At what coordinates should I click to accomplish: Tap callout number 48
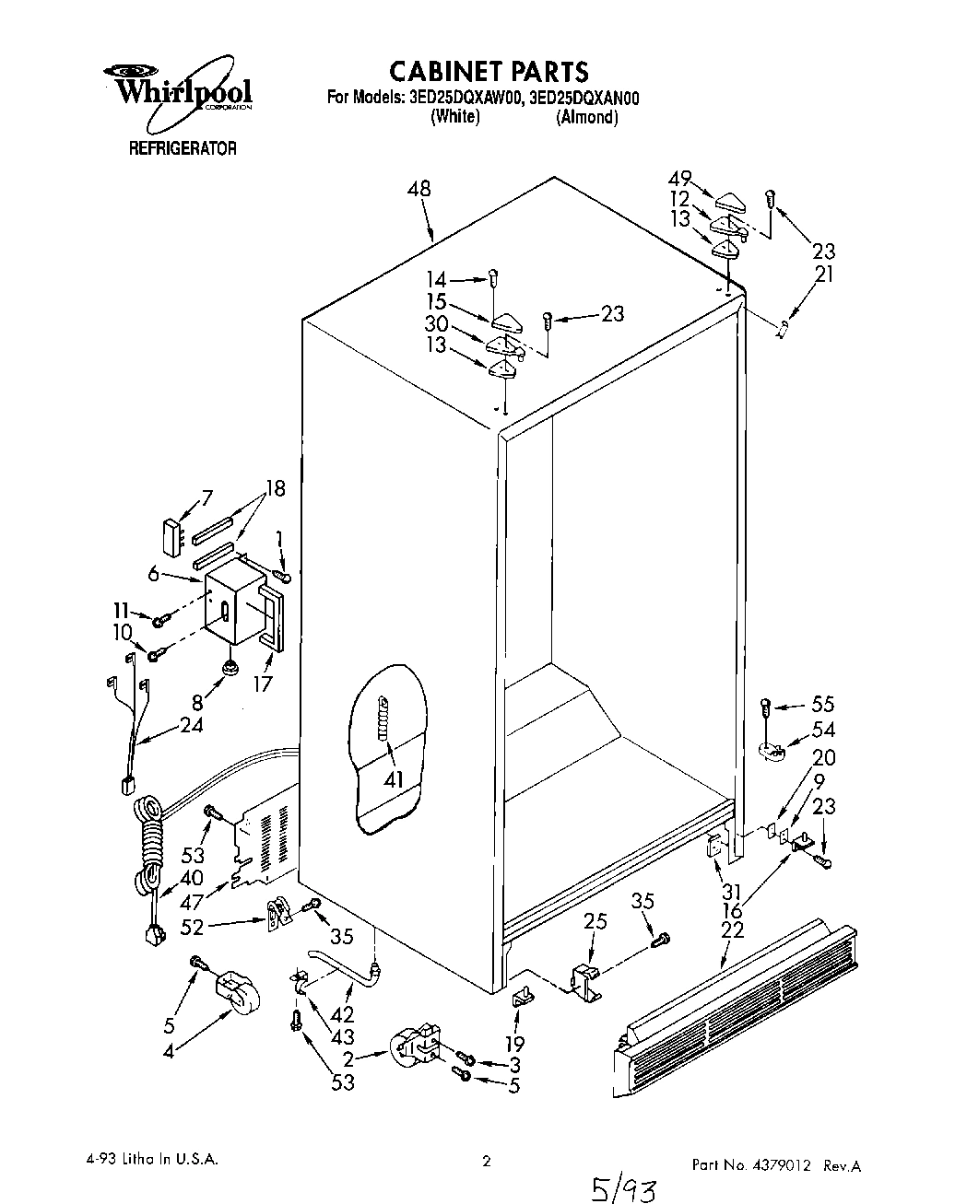pos(419,189)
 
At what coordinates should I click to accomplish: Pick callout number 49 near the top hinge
pos(679,180)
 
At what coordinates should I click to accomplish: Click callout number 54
pos(822,730)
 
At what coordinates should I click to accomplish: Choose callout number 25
pos(595,920)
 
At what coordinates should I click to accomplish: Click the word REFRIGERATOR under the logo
pos(182,147)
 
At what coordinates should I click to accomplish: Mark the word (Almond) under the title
pos(586,117)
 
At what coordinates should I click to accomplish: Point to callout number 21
pos(823,274)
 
